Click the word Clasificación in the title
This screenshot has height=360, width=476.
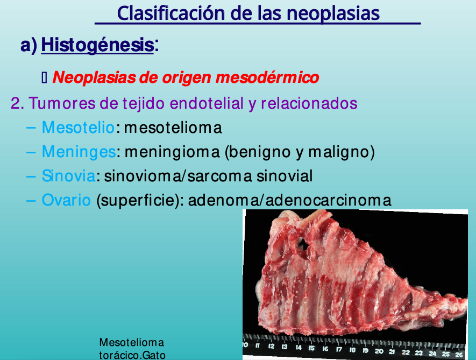point(172,13)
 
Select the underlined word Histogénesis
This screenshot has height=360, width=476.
point(97,45)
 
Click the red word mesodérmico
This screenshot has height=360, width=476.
point(267,77)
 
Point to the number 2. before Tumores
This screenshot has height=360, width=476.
point(18,103)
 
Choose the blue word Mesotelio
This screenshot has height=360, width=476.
point(78,128)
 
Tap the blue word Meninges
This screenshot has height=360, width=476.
point(79,152)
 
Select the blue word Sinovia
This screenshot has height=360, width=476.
point(69,176)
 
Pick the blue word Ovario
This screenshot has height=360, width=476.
point(66,200)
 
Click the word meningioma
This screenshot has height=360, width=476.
point(172,152)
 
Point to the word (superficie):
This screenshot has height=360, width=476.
point(140,201)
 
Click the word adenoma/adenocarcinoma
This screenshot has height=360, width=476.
point(289,200)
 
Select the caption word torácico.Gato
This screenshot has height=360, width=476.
point(132,355)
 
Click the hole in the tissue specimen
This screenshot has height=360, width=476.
point(303,243)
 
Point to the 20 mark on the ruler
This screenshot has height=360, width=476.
point(379,351)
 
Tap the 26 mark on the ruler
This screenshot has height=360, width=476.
point(459,355)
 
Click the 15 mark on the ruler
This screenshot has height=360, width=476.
point(311,348)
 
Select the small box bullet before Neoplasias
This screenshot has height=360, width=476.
point(44,78)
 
